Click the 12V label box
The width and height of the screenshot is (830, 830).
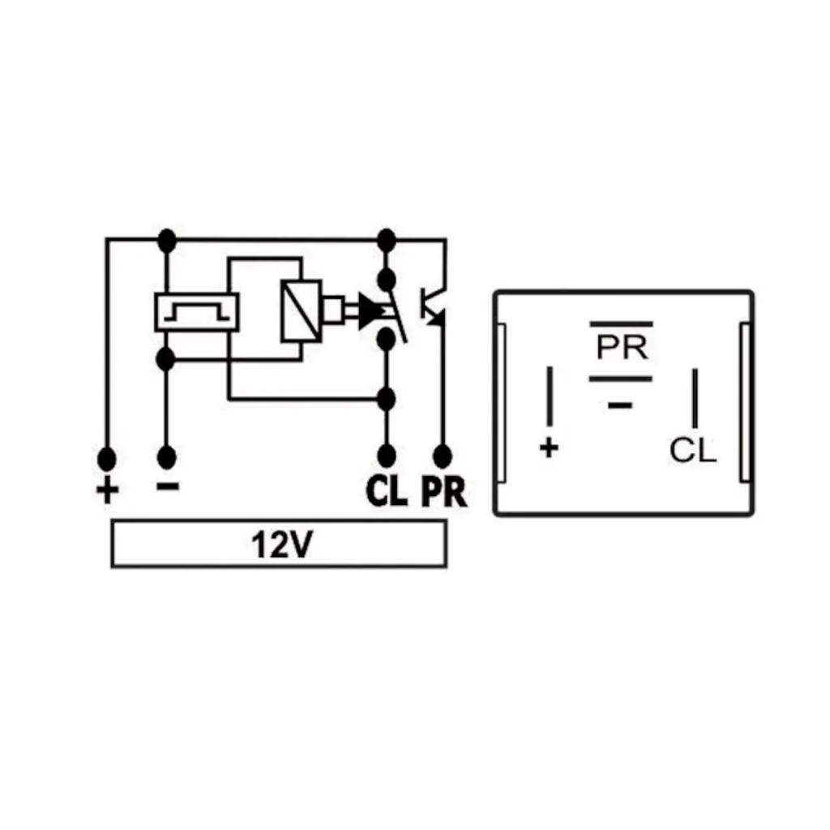click(x=278, y=545)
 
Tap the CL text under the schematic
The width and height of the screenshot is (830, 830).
click(x=387, y=491)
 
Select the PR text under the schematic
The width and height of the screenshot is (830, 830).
click(x=444, y=491)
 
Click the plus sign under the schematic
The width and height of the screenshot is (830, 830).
click(x=107, y=490)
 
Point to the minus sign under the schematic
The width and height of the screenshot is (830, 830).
click(x=167, y=486)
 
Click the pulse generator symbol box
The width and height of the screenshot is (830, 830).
click(x=197, y=312)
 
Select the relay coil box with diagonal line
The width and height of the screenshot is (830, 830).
click(x=301, y=310)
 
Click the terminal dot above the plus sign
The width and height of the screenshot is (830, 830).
click(x=106, y=459)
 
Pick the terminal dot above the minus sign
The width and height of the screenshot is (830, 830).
click(x=166, y=457)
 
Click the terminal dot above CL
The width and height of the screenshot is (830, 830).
click(x=387, y=456)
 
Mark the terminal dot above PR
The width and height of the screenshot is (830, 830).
click(x=443, y=456)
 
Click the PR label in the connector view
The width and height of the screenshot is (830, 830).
click(x=622, y=347)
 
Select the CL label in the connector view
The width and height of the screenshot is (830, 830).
click(x=693, y=451)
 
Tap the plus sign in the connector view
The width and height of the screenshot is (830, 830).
click(x=550, y=447)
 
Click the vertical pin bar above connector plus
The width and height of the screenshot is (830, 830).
click(x=550, y=397)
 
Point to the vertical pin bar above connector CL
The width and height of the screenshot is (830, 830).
click(x=695, y=397)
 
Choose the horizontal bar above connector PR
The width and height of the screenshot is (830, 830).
click(x=622, y=323)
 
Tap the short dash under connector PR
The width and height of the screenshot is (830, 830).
click(x=620, y=404)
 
